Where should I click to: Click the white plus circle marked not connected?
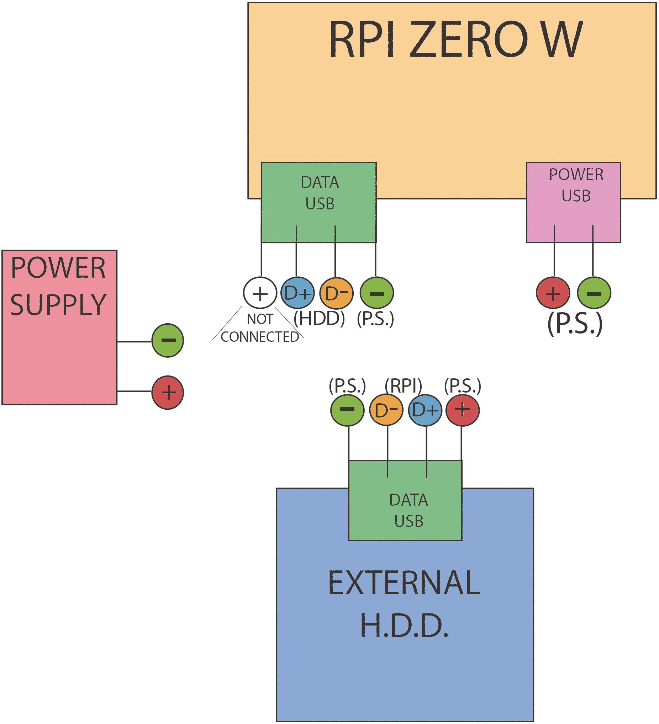(260, 293)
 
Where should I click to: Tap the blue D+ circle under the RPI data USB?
(297, 293)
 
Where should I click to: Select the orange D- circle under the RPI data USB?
(336, 293)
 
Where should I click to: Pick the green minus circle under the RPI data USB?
(376, 293)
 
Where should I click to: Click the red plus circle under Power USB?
(553, 293)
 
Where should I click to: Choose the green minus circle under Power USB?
(594, 293)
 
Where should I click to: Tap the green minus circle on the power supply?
(168, 340)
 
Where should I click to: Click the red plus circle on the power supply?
(168, 392)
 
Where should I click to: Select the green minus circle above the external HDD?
(347, 410)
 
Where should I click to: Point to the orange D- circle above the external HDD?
(386, 410)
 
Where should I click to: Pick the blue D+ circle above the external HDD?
(425, 410)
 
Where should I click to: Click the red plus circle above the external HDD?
(463, 410)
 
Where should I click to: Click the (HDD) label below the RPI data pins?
(319, 318)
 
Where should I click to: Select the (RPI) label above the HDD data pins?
(403, 386)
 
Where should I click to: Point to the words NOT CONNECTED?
(260, 328)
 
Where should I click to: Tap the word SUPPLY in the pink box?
(58, 304)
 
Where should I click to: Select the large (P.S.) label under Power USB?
(575, 324)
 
